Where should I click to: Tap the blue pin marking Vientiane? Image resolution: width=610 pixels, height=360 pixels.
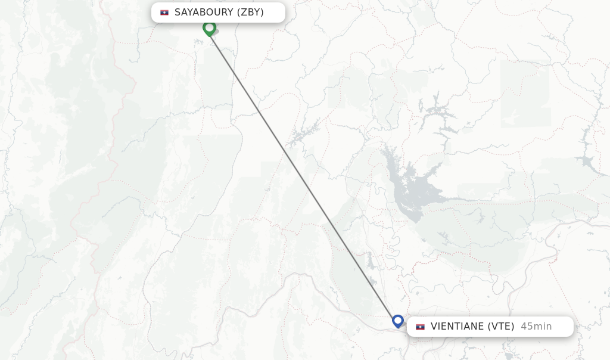tap(398, 321)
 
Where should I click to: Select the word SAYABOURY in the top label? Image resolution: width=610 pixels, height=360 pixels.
tap(204, 13)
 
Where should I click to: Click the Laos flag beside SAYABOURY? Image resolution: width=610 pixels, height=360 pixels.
tap(164, 13)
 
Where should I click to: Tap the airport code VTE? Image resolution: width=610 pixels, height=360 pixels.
tap(501, 327)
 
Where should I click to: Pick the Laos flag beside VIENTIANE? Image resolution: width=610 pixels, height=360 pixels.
tap(421, 327)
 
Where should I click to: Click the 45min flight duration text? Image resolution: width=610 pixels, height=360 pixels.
tap(536, 327)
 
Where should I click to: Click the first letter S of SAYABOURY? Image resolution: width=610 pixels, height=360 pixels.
tap(178, 13)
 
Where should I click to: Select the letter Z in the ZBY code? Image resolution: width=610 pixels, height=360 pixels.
tap(244, 13)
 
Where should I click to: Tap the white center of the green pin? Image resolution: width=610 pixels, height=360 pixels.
tap(209, 27)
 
